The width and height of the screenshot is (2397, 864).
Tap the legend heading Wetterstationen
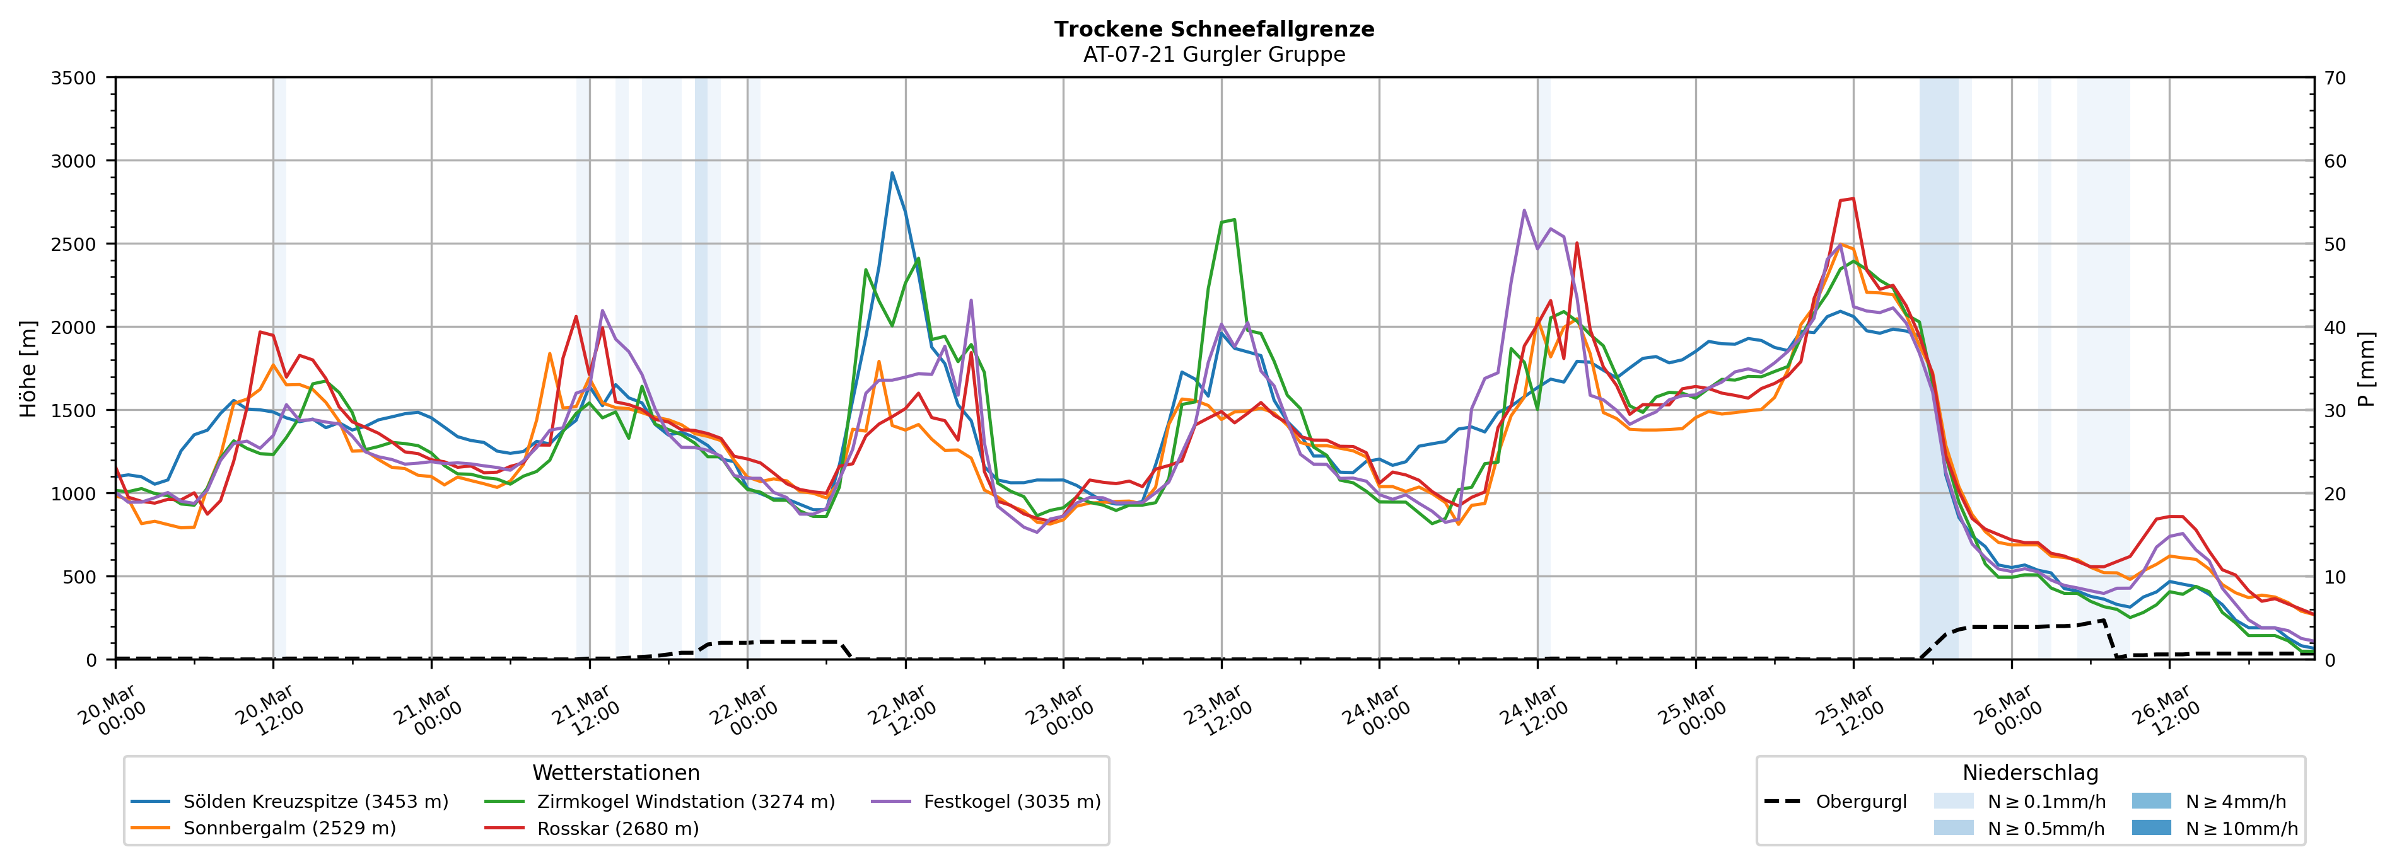(x=616, y=773)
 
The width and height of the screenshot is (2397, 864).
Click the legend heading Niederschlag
(x=2031, y=773)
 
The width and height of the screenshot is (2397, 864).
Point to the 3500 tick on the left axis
(x=74, y=78)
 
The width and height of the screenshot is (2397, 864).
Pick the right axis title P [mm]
(x=2366, y=368)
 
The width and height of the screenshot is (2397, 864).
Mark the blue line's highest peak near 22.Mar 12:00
(x=892, y=173)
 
